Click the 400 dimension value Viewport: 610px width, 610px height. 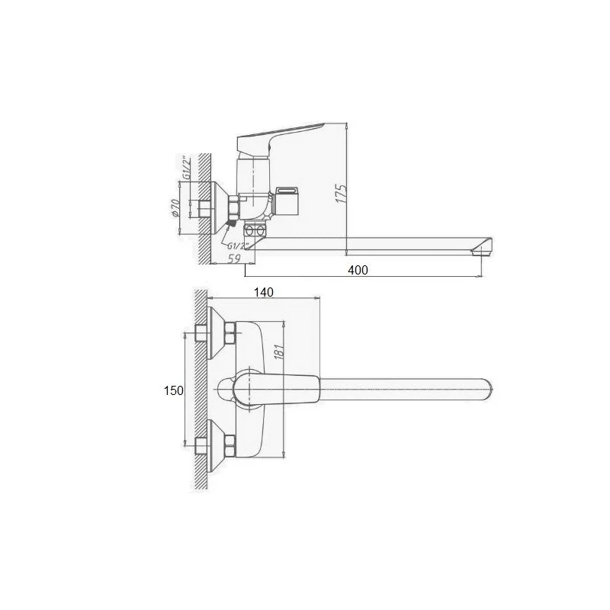tap(358, 270)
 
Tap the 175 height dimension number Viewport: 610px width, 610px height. tap(341, 193)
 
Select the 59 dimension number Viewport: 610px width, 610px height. tap(234, 258)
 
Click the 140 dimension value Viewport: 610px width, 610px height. tap(263, 292)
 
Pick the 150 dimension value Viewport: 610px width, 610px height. tap(173, 390)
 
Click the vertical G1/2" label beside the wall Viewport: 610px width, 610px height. tap(187, 168)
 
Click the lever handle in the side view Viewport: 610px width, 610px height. tap(279, 137)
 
